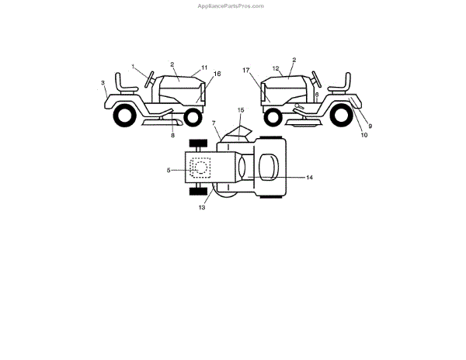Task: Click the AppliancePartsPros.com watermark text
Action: (x=232, y=5)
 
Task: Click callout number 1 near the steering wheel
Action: (x=134, y=66)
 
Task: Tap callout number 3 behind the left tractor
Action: (x=103, y=81)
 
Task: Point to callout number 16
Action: (x=217, y=74)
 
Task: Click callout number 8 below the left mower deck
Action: (x=172, y=136)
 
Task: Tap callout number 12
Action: (x=275, y=69)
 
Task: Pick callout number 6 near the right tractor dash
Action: (x=316, y=94)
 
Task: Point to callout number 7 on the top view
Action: (x=214, y=123)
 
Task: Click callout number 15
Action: (x=241, y=110)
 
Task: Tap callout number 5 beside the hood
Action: (x=169, y=169)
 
